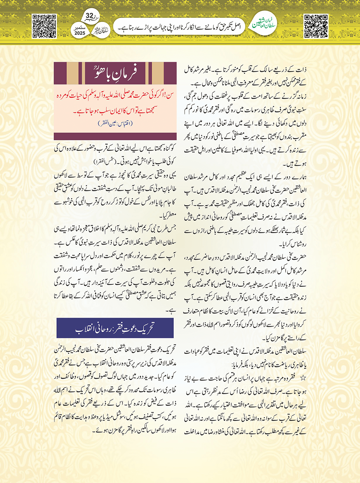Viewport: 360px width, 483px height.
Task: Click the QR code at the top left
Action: pyautogui.click(x=44, y=26)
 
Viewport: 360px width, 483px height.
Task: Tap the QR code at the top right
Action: pyautogui.click(x=316, y=26)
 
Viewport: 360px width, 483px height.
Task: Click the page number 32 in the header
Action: pyautogui.click(x=90, y=16)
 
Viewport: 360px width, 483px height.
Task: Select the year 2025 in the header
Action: pyautogui.click(x=80, y=33)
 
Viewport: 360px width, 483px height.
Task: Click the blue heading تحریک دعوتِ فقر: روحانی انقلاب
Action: pyautogui.click(x=115, y=328)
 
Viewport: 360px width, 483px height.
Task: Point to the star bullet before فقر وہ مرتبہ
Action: pyautogui.click(x=304, y=378)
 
